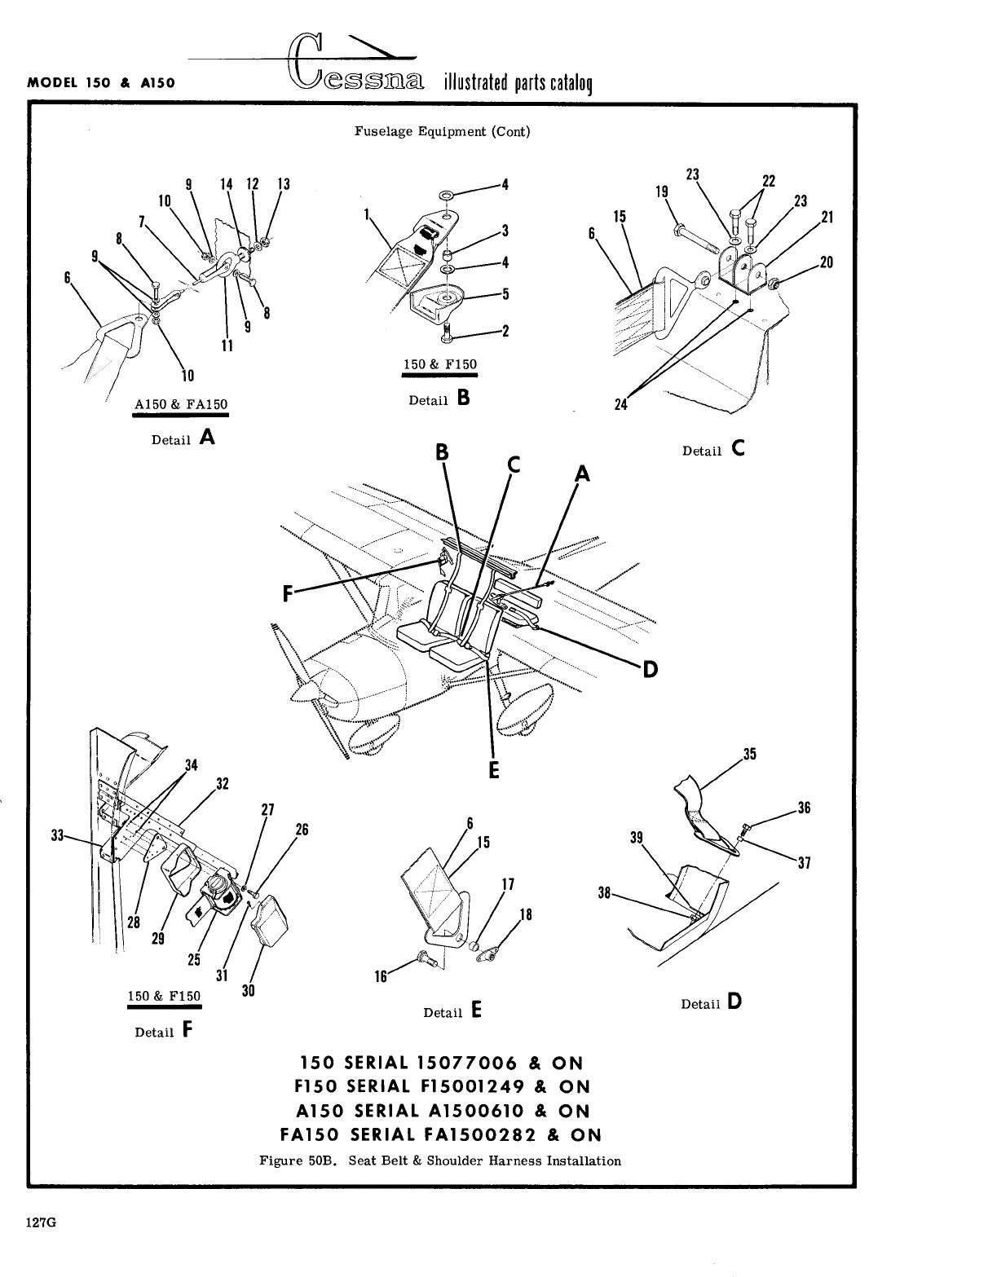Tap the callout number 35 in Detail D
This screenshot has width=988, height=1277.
[x=750, y=754]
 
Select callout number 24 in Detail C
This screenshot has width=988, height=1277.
[x=621, y=405]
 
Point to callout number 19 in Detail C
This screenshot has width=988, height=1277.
[x=662, y=192]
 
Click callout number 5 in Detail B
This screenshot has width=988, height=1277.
[x=505, y=293]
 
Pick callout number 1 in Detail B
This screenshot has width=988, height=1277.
[x=368, y=214]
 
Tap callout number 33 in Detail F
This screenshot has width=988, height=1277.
[x=58, y=835]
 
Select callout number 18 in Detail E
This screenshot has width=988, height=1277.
[x=526, y=914]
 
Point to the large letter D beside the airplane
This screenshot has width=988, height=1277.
[x=650, y=669]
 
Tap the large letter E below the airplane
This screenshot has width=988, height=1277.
[x=493, y=770]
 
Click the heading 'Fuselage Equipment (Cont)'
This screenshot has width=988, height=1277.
[x=442, y=131]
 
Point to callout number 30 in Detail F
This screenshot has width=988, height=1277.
[x=249, y=991]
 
